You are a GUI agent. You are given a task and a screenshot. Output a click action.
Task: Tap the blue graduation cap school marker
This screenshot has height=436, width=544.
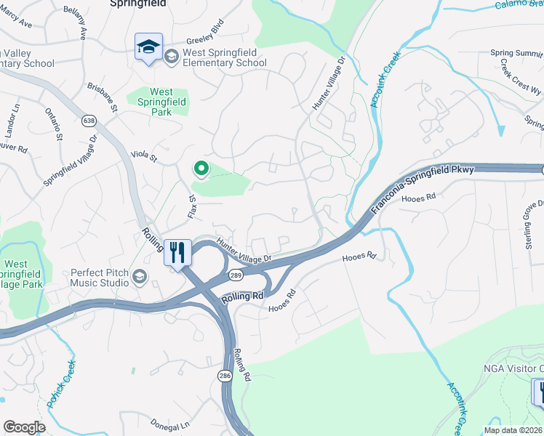coord(148,47)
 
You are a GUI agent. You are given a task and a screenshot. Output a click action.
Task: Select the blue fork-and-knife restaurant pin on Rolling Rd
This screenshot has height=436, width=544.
coord(177,253)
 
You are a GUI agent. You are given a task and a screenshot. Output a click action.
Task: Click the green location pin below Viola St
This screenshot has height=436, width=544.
coord(200,169)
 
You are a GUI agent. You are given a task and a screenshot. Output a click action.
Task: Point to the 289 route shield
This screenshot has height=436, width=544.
coord(235,275)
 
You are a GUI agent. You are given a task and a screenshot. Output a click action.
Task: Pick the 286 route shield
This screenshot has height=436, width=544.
coord(225,374)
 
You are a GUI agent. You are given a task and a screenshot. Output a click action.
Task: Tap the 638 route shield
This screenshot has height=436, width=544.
coord(89,121)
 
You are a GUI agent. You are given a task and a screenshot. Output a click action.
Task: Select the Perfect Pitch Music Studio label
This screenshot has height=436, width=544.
coord(99,277)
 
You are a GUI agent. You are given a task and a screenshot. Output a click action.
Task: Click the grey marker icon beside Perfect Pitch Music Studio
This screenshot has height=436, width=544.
coord(139,276)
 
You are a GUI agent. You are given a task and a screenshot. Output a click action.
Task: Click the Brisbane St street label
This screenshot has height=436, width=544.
coord(103,96)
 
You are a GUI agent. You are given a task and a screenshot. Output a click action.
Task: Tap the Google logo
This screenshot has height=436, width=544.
coord(24,427)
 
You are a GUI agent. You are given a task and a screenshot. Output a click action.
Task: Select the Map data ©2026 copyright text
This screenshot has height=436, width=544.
coord(513,430)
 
